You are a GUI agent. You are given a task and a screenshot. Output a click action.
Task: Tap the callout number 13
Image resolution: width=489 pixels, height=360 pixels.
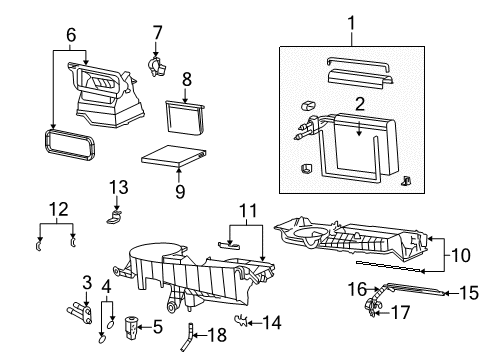[x=119, y=186]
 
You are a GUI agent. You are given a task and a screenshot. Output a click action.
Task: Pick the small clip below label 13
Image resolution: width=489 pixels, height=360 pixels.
[x=116, y=211]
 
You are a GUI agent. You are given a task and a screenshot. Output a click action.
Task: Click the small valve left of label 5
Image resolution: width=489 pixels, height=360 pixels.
[x=133, y=325]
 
